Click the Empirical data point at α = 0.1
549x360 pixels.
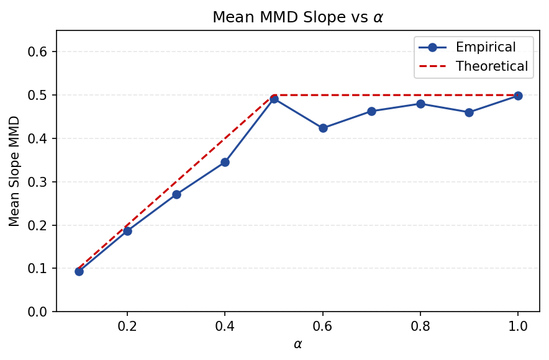79,271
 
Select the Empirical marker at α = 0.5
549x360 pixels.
274,99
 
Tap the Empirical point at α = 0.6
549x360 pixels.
323,128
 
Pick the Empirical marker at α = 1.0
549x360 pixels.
518,96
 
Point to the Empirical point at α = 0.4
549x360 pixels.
225,162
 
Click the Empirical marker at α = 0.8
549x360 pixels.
420,104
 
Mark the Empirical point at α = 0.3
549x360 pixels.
176,194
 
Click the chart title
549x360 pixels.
297,17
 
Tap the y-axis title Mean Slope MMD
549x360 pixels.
14,171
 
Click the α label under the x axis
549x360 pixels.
297,344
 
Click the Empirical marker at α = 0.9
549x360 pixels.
469,112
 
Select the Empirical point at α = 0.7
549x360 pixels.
371,111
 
